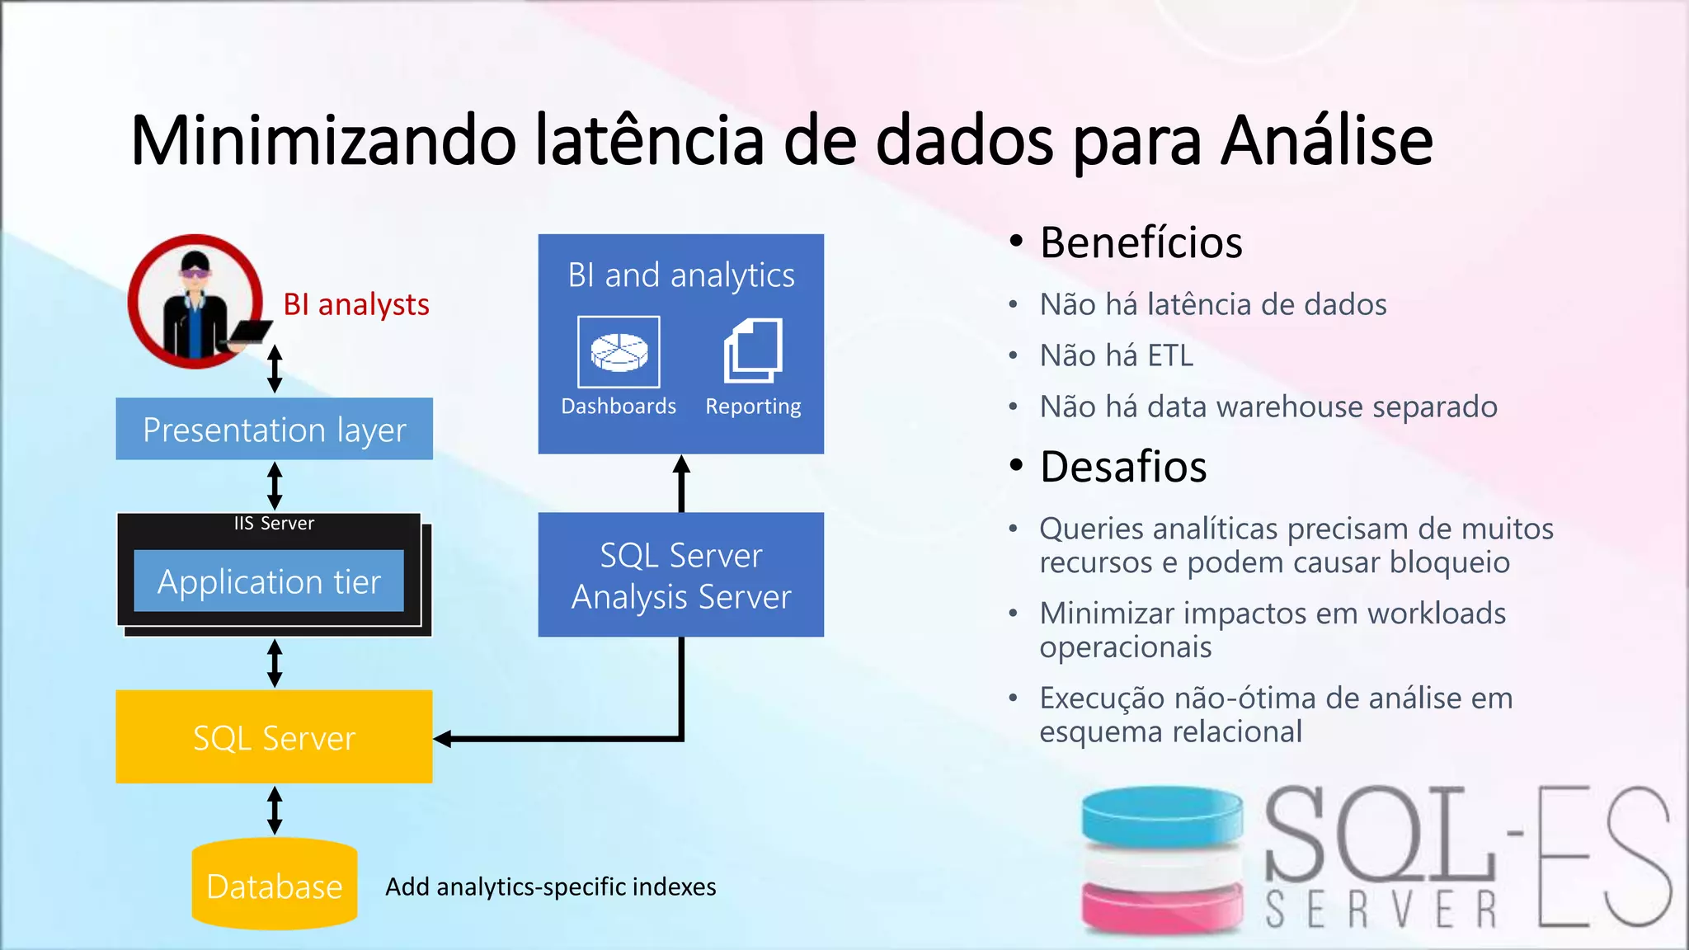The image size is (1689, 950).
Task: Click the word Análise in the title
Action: (x=1327, y=141)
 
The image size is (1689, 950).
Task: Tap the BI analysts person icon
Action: (x=195, y=302)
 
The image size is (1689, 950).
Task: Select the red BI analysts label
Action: (x=355, y=305)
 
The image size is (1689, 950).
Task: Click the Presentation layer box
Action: (x=274, y=430)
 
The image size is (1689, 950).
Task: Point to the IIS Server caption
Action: (x=274, y=524)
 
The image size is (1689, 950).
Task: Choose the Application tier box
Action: (x=269, y=581)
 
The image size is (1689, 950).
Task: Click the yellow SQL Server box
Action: (x=274, y=737)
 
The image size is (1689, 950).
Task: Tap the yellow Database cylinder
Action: (x=274, y=885)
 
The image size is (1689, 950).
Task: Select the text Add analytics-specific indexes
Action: (x=550, y=887)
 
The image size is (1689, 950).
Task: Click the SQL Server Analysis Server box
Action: (x=680, y=575)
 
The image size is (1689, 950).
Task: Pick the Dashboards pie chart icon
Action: (x=619, y=352)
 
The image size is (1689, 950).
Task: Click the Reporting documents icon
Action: (x=753, y=351)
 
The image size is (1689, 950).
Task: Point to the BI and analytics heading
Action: (x=681, y=275)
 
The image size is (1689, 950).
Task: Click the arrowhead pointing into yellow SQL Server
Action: (x=444, y=739)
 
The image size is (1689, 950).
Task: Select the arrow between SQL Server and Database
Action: (x=275, y=810)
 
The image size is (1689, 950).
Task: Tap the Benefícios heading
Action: (x=1141, y=243)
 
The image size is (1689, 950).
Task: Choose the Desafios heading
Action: (x=1123, y=468)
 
